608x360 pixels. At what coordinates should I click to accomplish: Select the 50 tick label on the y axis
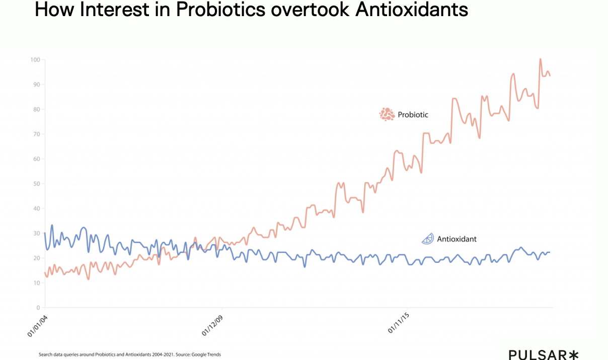[36, 184]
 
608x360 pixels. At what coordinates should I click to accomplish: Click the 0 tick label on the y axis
[38, 308]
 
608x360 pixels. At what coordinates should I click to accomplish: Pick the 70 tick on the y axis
[36, 134]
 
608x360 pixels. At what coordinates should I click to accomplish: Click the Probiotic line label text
[413, 115]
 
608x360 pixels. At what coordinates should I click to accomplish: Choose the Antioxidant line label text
[457, 239]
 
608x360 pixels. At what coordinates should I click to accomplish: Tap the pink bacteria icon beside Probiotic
[387, 114]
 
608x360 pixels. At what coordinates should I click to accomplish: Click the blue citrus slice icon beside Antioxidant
[427, 239]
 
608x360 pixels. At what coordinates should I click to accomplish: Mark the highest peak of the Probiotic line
[540, 59]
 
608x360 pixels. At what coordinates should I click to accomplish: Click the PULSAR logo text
[537, 355]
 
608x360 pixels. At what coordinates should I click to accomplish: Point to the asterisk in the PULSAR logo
[574, 355]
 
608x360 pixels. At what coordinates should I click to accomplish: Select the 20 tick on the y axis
[36, 258]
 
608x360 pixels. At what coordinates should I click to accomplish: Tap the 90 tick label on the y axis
[36, 85]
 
